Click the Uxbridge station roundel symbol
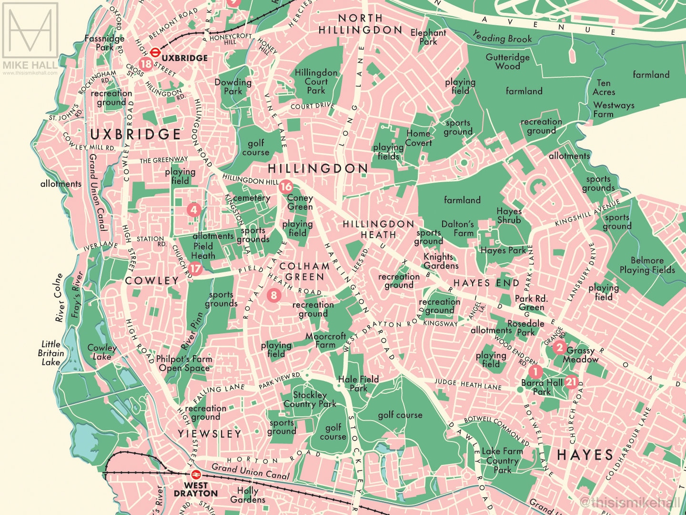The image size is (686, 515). [155, 52]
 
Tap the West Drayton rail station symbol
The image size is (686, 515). [195, 475]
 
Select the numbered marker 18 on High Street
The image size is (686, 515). [146, 64]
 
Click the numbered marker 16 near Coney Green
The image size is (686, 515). [286, 186]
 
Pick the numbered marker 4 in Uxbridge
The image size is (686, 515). [193, 209]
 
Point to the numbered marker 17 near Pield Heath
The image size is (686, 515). [195, 268]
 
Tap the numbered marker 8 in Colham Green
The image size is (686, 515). [273, 295]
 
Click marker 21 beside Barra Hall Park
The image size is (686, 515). [571, 382]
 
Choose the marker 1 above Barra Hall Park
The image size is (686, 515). [535, 371]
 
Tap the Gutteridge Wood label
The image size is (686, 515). [507, 62]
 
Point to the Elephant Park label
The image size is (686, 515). [428, 37]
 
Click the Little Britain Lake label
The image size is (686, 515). [50, 353]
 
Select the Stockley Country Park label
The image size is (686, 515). [310, 399]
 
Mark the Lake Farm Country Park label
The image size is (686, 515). [502, 460]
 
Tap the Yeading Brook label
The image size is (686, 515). [502, 37]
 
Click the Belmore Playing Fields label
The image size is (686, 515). [647, 265]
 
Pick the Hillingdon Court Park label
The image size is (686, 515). [316, 82]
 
